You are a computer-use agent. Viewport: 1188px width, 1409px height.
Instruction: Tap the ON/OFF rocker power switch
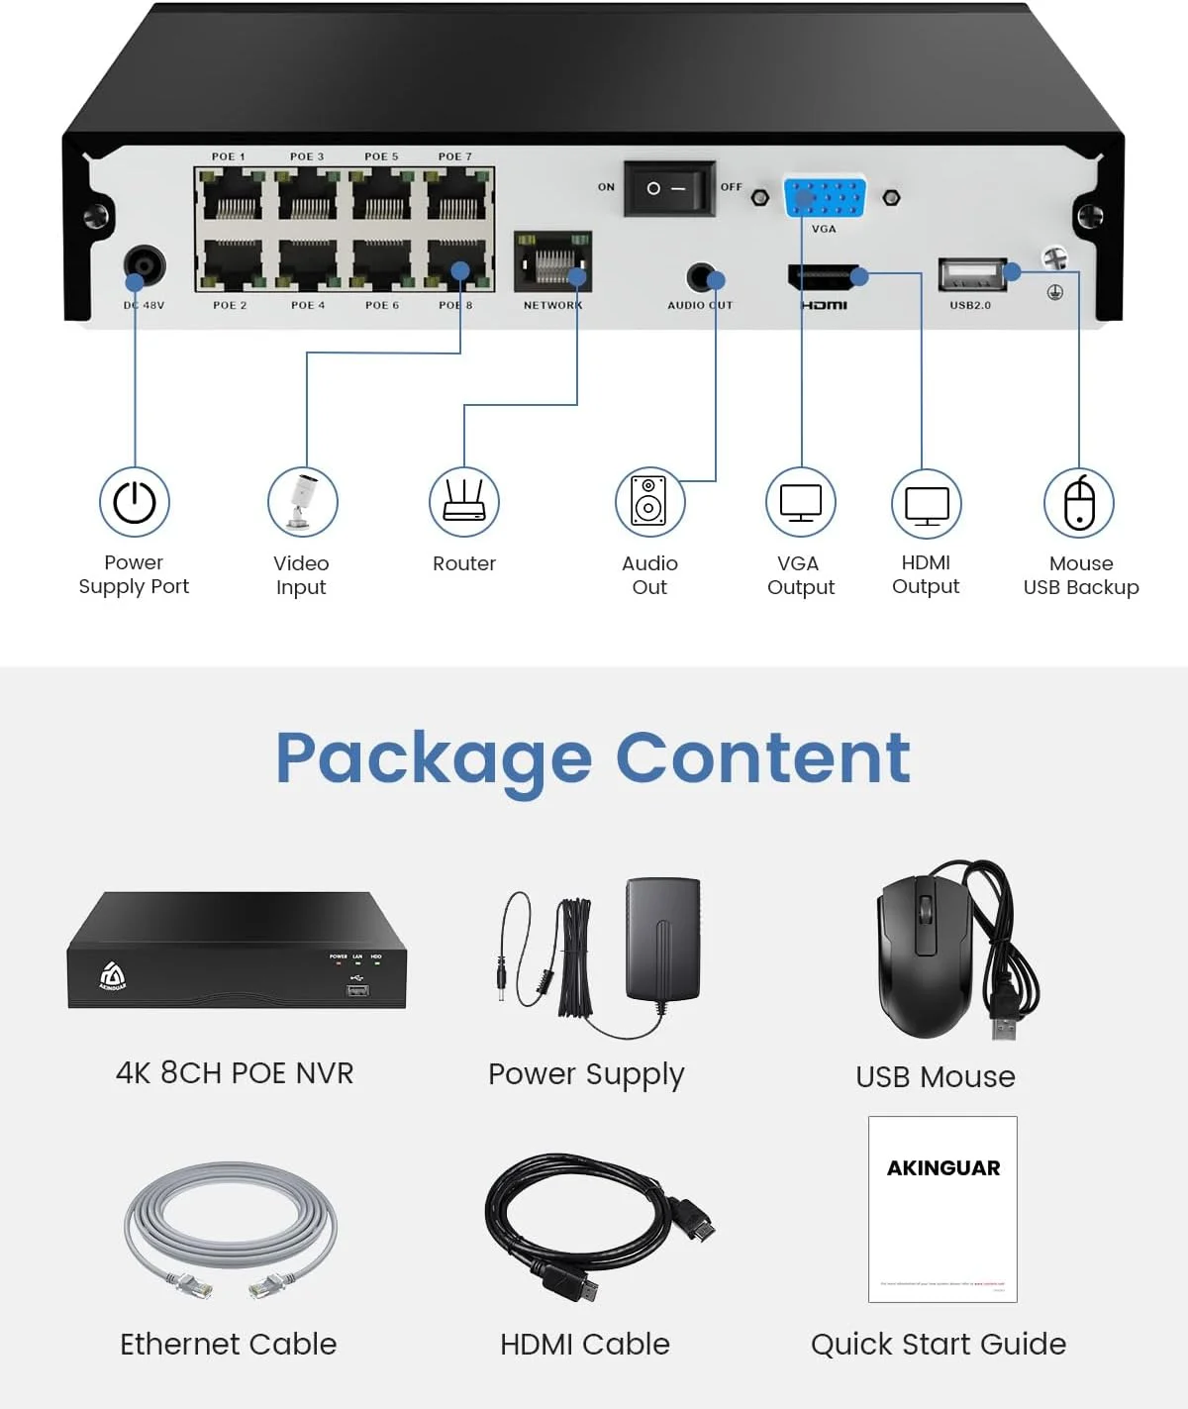[668, 188]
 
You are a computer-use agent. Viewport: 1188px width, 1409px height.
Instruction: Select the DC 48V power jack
[145, 265]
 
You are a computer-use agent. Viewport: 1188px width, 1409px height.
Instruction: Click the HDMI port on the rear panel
[824, 277]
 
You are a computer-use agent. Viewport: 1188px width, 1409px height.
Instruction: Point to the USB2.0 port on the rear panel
[971, 274]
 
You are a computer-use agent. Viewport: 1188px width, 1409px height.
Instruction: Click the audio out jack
[701, 277]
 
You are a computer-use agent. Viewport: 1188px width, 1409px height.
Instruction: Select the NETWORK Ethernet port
[552, 262]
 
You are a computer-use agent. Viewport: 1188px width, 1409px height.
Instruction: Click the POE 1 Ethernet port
[232, 195]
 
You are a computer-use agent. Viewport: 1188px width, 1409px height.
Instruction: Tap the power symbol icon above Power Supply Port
[135, 502]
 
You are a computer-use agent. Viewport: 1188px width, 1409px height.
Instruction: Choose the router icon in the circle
[463, 502]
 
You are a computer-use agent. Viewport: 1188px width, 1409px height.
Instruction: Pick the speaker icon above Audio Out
[649, 502]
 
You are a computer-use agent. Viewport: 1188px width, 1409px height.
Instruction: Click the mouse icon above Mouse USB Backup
[1079, 503]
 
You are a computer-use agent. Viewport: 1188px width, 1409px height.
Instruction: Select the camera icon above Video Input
[302, 502]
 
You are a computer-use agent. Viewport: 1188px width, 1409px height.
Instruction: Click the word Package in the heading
[433, 758]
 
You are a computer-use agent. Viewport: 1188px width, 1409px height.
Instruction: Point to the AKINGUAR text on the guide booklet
[943, 1168]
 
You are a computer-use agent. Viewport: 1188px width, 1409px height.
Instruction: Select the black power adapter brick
[662, 941]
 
